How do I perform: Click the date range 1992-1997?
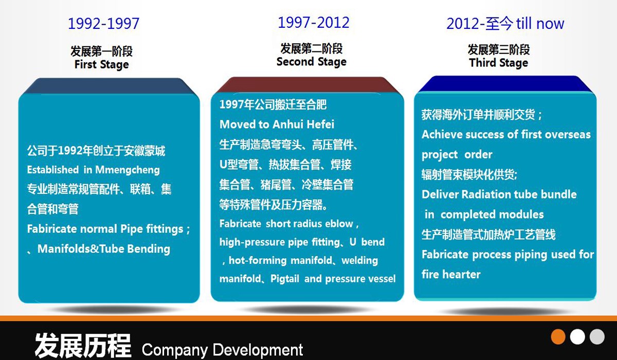[x=103, y=24]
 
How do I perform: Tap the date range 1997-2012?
[x=314, y=22]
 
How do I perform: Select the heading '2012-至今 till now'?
[x=505, y=24]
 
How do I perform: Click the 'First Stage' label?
[x=102, y=64]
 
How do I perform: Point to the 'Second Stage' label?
[x=312, y=62]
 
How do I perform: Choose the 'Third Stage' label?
[x=499, y=63]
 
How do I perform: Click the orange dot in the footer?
[x=558, y=336]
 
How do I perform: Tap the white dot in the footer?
[x=577, y=336]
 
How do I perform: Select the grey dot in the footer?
[x=597, y=336]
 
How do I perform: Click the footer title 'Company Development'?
[x=222, y=350]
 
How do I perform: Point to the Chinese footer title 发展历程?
[x=83, y=346]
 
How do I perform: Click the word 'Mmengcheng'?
[x=128, y=170]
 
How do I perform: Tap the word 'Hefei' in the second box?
[x=320, y=124]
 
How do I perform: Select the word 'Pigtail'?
[x=285, y=279]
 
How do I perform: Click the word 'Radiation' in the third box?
[x=485, y=194]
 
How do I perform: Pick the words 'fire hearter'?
[x=451, y=274]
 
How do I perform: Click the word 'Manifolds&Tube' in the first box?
[x=81, y=249]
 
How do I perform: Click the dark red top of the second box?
[x=307, y=85]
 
